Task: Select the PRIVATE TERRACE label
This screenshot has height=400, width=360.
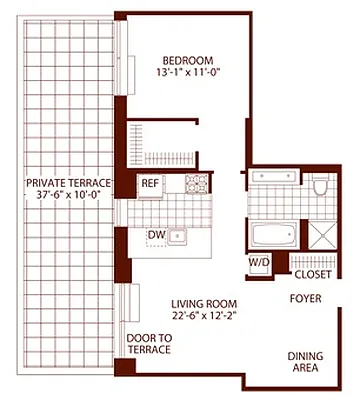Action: tap(67, 182)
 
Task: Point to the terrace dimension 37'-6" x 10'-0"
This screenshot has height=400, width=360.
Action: tap(67, 196)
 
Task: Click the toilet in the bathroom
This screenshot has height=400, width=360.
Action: tap(320, 186)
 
